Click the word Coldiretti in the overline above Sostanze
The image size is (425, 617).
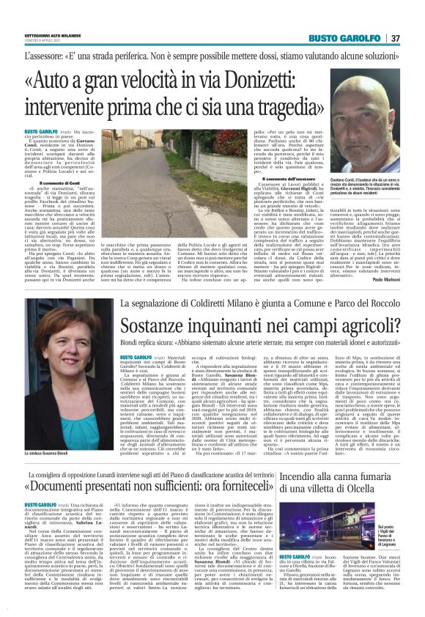tap(210, 303)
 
